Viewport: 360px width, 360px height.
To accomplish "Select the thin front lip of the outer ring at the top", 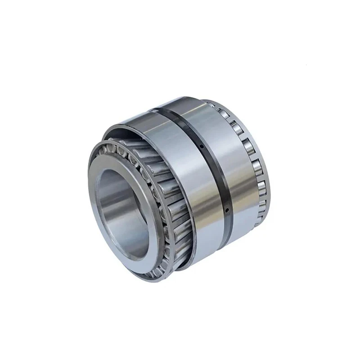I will click(135, 118).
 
